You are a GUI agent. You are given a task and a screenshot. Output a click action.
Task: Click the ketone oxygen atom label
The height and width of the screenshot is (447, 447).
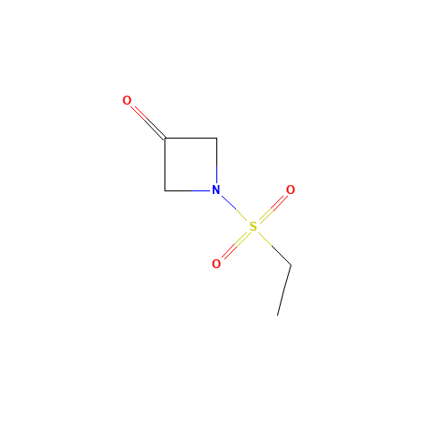coord(127,100)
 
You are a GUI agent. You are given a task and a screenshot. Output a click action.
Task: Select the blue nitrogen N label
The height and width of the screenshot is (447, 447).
coord(216,190)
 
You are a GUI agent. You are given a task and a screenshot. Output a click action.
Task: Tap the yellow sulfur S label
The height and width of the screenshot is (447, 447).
coord(253,227)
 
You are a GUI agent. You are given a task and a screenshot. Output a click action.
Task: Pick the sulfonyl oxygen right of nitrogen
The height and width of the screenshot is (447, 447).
coord(291,190)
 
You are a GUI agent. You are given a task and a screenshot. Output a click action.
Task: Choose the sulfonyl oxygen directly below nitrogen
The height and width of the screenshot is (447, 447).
coord(216,264)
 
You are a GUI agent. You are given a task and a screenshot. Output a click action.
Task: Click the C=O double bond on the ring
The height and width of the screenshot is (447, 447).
coord(148,122)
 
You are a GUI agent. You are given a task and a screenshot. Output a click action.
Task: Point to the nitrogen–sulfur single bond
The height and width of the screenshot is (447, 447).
coord(234,208)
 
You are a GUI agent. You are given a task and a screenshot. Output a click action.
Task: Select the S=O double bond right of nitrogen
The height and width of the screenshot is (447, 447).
coord(274,208)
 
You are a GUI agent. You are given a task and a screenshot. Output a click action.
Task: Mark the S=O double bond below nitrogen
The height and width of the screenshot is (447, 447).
coord(235,245)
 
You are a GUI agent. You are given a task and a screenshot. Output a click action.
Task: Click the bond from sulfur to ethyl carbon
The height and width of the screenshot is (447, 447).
coord(274,249)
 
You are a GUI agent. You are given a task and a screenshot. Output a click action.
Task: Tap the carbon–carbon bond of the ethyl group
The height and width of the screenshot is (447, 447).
coord(284,290)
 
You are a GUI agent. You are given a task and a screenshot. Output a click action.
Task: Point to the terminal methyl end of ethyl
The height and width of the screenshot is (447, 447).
coord(277,315)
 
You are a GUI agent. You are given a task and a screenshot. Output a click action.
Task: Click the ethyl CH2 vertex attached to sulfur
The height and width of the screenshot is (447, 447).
coord(291,265)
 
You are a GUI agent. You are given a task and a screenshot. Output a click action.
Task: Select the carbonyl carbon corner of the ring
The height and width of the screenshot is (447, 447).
coord(165,139)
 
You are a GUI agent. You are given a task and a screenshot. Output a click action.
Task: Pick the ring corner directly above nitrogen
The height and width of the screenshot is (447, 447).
coord(216,139)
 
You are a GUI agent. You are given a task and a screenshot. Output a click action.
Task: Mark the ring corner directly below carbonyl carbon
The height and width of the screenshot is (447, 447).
coord(165,190)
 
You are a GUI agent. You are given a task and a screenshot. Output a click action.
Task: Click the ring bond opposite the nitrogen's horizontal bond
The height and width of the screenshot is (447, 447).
coord(190,139)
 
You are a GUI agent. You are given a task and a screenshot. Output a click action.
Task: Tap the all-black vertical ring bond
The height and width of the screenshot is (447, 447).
coord(165,164)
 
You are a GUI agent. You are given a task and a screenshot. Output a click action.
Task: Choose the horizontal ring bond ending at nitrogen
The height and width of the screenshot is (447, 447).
coord(188,190)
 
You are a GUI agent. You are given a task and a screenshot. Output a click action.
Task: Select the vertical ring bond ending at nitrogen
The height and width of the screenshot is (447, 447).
coord(216,161)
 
